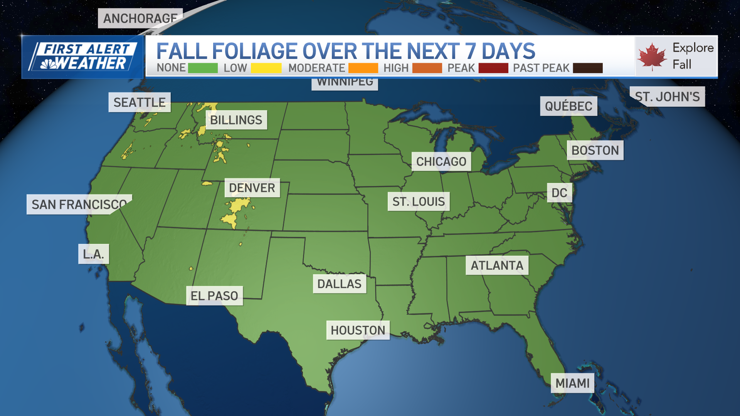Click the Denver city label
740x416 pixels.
[252, 188]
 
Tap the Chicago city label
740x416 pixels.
[441, 161]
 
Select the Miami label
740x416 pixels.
[572, 383]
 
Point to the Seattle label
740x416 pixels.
[139, 102]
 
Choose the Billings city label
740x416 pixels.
[236, 120]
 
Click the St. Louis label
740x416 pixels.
[419, 201]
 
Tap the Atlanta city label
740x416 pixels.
[497, 265]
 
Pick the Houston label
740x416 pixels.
[358, 330]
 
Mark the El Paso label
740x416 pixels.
[214, 296]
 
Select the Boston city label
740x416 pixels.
[595, 150]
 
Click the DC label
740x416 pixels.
[559, 193]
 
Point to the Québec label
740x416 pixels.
[568, 106]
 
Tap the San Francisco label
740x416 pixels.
[79, 205]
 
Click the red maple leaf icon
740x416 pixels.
[652, 57]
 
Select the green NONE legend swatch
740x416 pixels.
[203, 68]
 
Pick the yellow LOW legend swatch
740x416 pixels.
[266, 68]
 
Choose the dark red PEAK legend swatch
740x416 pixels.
[493, 68]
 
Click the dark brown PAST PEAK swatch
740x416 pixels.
[587, 68]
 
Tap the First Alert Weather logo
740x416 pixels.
[83, 57]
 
